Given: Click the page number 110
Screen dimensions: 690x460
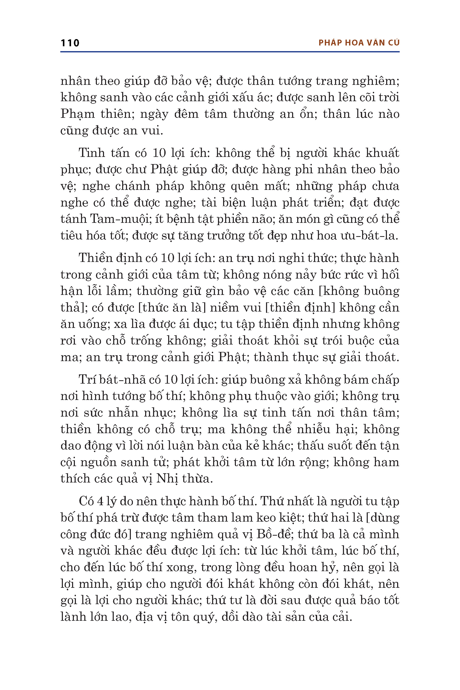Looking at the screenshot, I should tap(70, 43).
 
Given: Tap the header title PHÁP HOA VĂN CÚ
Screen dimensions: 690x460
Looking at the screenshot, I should tap(359, 43).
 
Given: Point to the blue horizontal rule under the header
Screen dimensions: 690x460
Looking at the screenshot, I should tap(230, 52).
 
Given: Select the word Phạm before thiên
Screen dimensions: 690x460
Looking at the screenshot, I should tap(77, 114).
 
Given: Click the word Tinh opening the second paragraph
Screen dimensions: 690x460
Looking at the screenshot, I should tap(89, 153).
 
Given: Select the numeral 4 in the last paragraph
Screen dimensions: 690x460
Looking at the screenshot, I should tap(100, 501).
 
